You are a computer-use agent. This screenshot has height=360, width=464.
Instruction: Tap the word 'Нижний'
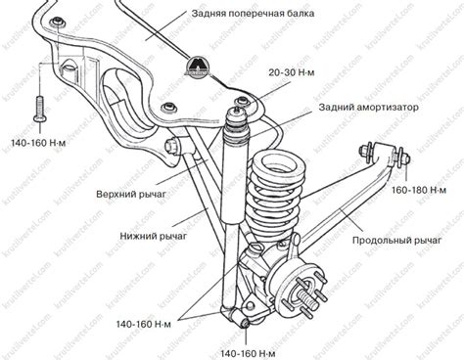click(x=111, y=236)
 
